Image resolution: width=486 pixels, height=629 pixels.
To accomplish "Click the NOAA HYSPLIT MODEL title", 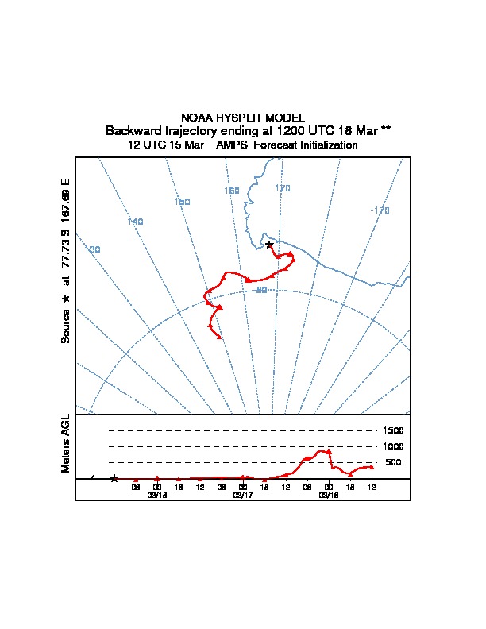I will point(243,118).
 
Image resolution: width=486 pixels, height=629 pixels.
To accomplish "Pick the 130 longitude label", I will point(92,249).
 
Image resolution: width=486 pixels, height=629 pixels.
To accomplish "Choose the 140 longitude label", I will point(135,222).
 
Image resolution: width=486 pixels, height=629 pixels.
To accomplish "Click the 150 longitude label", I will point(182,202).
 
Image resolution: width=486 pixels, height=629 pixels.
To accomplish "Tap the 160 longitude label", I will point(231,191).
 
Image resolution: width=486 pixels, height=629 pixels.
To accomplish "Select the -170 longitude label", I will point(380,210).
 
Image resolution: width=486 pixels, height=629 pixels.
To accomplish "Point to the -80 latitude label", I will point(260,290).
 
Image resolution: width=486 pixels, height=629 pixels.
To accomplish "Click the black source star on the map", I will point(269,245).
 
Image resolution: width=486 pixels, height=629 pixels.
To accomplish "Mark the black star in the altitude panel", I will point(114,478).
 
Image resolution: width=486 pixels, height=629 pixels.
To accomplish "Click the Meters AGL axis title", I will point(67,444).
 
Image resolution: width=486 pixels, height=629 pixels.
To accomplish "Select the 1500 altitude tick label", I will point(394,430).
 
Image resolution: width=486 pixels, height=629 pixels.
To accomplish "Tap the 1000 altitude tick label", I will point(394,446).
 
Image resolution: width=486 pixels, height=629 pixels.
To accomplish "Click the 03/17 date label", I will point(243,495).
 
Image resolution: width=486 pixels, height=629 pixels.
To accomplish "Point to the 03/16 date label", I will point(157,495).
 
